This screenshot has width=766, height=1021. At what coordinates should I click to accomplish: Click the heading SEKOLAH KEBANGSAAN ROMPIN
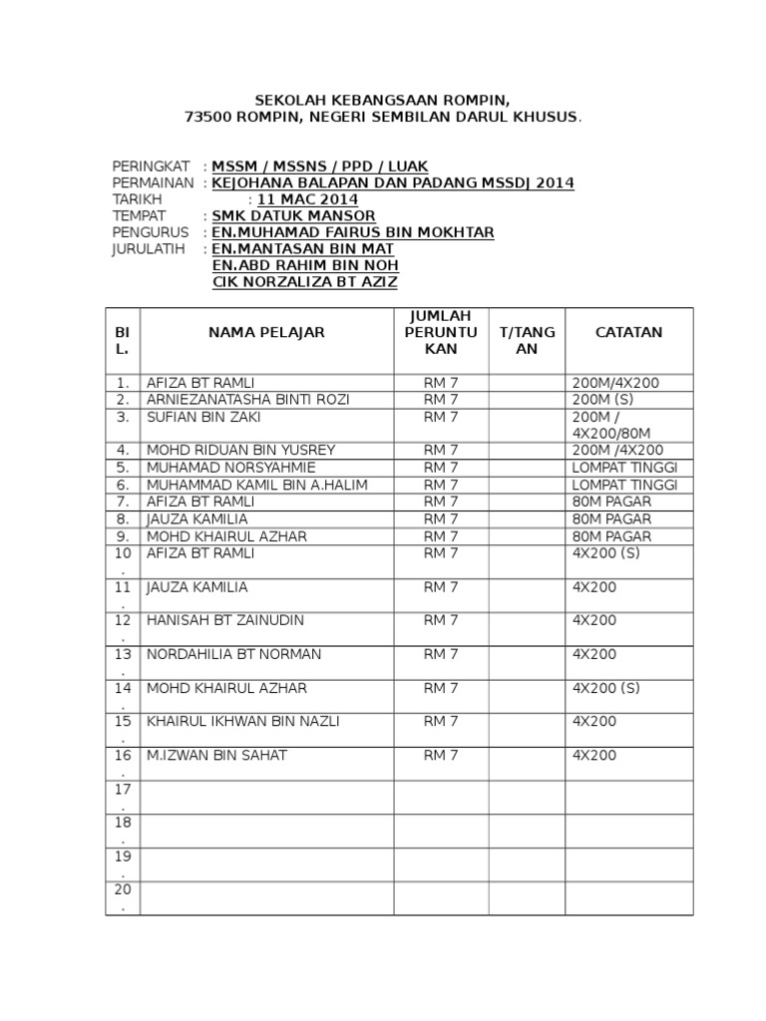pos(382,101)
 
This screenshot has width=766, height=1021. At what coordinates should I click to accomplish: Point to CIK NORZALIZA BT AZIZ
pos(305,282)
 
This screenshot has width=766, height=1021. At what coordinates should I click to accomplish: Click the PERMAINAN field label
pos(153,182)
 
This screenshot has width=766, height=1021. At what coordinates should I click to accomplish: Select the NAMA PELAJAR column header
pos(266,332)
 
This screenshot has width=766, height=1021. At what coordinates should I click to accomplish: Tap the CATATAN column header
pos(628,332)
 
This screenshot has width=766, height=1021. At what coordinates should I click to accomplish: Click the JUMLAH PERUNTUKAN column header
pos(441,332)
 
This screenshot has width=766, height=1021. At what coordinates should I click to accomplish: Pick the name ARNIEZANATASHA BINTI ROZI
pos(247,400)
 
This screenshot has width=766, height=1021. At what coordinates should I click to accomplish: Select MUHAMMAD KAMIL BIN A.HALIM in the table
pos(257,485)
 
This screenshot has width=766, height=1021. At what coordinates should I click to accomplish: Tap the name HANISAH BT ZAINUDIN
pos(225,620)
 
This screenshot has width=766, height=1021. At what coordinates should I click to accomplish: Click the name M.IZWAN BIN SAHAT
pos(216,755)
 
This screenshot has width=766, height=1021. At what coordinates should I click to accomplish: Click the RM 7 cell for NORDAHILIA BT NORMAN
pos(441,654)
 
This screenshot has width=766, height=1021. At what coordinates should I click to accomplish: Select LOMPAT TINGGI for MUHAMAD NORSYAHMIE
pos(625,468)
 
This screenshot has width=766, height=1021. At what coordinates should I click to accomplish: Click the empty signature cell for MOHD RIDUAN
pos(527,451)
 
